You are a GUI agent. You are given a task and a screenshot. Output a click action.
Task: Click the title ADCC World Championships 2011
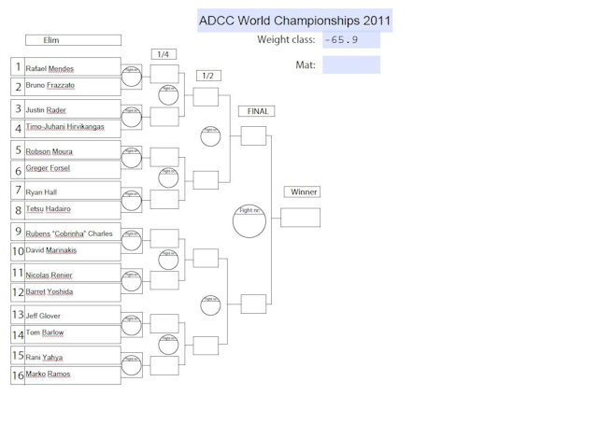pyautogui.click(x=294, y=21)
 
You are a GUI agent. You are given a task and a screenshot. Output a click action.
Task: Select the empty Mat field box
pyautogui.click(x=351, y=64)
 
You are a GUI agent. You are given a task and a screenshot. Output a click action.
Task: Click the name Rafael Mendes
pyautogui.click(x=50, y=69)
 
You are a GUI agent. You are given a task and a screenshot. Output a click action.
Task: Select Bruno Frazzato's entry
pyautogui.click(x=50, y=86)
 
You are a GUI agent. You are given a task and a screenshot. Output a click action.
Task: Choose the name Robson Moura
pyautogui.click(x=50, y=151)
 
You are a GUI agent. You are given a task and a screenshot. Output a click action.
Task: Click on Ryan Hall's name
pyautogui.click(x=41, y=192)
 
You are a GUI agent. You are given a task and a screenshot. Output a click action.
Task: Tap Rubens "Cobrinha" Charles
pyautogui.click(x=69, y=233)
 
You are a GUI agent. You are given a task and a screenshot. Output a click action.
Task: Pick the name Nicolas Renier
pyautogui.click(x=50, y=276)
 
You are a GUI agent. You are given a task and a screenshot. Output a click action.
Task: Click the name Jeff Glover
pyautogui.click(x=43, y=317)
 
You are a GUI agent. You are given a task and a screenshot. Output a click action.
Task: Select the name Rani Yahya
pyautogui.click(x=44, y=358)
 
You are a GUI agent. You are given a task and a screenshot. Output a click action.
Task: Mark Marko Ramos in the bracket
pyautogui.click(x=48, y=375)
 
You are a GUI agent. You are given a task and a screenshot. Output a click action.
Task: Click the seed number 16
pyautogui.click(x=18, y=375)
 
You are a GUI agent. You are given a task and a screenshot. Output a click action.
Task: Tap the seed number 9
pyautogui.click(x=18, y=231)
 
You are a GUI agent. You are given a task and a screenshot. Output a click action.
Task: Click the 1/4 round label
pyautogui.click(x=163, y=54)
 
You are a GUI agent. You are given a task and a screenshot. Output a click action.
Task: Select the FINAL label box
pyautogui.click(x=258, y=111)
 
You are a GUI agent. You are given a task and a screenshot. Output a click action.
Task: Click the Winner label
pyautogui.click(x=304, y=192)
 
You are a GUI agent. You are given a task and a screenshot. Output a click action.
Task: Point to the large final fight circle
pyautogui.click(x=249, y=220)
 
